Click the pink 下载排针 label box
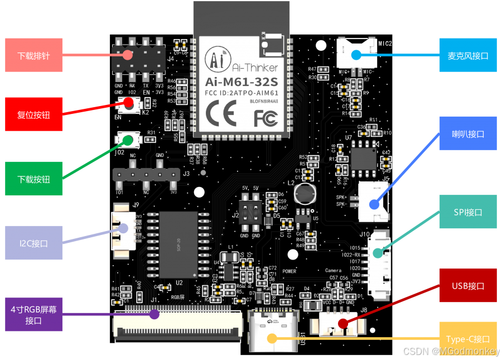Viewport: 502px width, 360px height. [33, 56]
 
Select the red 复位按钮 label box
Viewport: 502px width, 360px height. [33, 115]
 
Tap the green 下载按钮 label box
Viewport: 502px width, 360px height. [33, 179]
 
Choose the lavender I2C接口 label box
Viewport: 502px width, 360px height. [33, 243]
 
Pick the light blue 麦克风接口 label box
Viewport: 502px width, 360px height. [467, 55]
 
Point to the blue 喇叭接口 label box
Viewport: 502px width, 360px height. [467, 133]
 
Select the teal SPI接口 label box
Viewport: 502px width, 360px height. [467, 212]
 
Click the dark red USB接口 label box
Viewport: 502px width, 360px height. [467, 286]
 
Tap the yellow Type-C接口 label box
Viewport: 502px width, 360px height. [467, 339]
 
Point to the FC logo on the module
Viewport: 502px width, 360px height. [266, 118]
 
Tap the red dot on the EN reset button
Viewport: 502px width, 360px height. [129, 103]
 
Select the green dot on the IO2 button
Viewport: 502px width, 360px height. [129, 139]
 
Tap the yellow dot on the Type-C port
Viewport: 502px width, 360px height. [272, 338]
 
